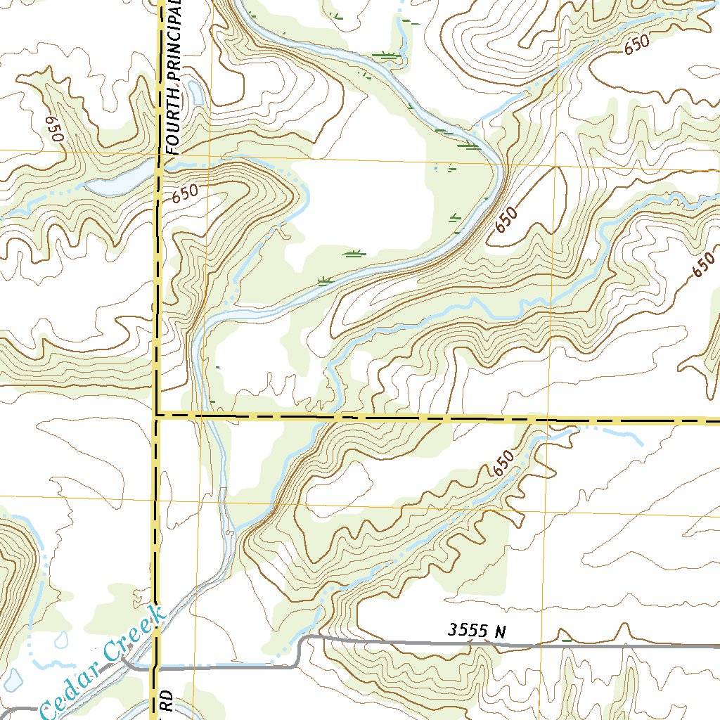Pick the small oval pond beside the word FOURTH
click(x=196, y=93)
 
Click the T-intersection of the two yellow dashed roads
click(x=157, y=415)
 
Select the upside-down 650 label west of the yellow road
click(x=53, y=129)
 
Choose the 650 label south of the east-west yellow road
click(x=502, y=464)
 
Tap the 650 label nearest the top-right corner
click(x=636, y=45)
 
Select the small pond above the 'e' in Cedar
click(x=62, y=639)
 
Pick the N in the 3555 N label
click(x=500, y=631)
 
